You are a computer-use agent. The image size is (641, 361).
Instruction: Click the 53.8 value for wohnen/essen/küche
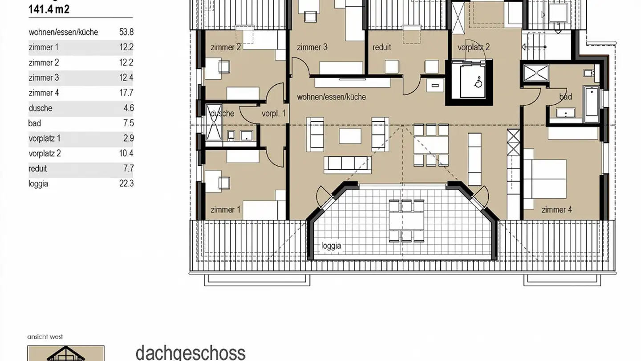[126, 32]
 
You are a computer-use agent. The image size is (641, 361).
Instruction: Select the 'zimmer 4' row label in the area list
[44, 93]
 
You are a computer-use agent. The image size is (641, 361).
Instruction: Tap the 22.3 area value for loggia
[126, 184]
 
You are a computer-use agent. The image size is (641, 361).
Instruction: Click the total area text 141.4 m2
[49, 9]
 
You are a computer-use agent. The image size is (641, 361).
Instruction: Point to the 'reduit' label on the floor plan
[381, 47]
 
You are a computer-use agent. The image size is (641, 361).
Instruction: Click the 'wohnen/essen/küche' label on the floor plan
[332, 97]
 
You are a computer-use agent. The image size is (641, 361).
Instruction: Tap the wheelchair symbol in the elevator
[478, 82]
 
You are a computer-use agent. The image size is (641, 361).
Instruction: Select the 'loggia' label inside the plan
[331, 246]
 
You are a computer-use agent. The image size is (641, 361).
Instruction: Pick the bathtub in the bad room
[592, 105]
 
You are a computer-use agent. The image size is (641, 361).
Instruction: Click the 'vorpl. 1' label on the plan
[273, 114]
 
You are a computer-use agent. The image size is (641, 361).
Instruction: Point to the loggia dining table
[406, 220]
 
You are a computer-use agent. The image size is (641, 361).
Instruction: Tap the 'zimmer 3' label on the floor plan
[312, 47]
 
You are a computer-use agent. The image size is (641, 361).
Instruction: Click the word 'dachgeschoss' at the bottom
[191, 352]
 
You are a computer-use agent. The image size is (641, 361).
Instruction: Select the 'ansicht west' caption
[45, 337]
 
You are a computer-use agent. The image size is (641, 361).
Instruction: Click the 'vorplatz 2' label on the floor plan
[474, 47]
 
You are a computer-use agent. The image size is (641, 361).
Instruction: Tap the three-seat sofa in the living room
[347, 163]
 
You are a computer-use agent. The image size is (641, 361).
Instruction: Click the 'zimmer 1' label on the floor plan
[225, 209]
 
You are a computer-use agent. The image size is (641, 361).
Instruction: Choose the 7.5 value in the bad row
[129, 123]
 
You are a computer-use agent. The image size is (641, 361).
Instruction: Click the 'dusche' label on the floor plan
[222, 113]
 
